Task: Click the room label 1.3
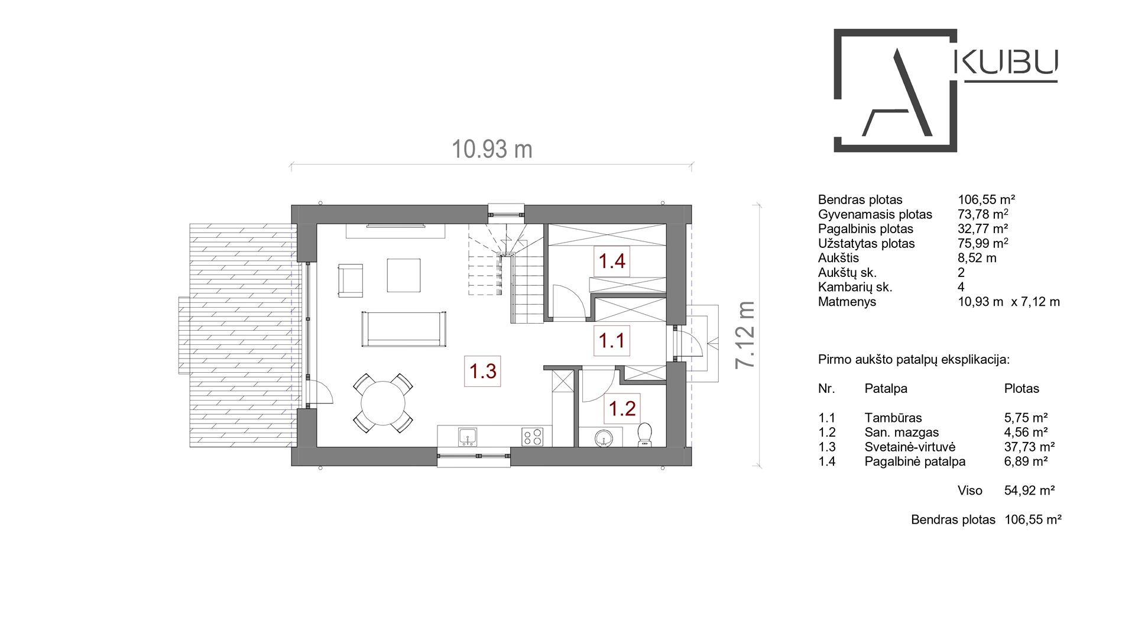pyautogui.click(x=483, y=372)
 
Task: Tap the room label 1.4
pyautogui.click(x=612, y=261)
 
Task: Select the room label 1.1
pyautogui.click(x=612, y=341)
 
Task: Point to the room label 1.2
pyautogui.click(x=622, y=408)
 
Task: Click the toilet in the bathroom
pyautogui.click(x=644, y=434)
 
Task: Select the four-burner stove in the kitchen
pyautogui.click(x=532, y=437)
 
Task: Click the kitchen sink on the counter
pyautogui.click(x=468, y=437)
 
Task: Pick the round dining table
pyautogui.click(x=383, y=403)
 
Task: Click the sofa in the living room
pyautogui.click(x=404, y=329)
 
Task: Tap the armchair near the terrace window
pyautogui.click(x=350, y=281)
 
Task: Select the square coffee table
pyautogui.click(x=404, y=275)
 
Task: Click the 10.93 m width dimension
pyautogui.click(x=492, y=150)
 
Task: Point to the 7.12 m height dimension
pyautogui.click(x=745, y=335)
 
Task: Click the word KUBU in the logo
pyautogui.click(x=1007, y=62)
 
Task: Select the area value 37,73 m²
pyautogui.click(x=1029, y=447)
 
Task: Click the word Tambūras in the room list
pyautogui.click(x=893, y=418)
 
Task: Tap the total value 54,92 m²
pyautogui.click(x=1030, y=490)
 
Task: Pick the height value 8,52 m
pyautogui.click(x=977, y=258)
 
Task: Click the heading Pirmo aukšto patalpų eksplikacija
pyautogui.click(x=914, y=360)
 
